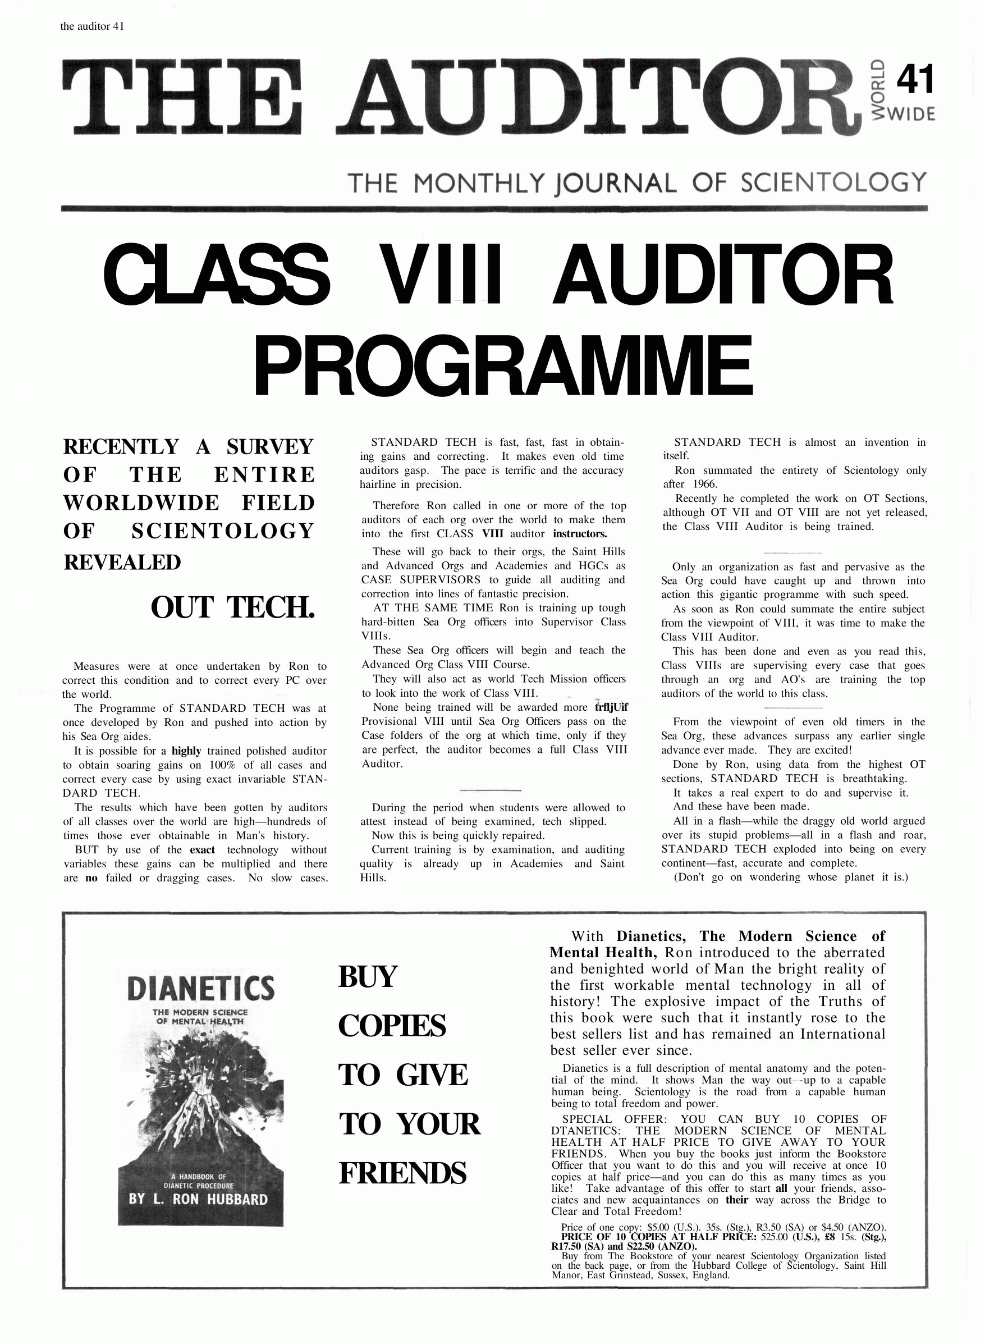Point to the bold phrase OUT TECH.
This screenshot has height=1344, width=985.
pos(232,607)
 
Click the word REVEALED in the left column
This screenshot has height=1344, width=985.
pos(122,562)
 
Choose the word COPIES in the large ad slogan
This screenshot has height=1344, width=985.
pos(392,1026)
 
